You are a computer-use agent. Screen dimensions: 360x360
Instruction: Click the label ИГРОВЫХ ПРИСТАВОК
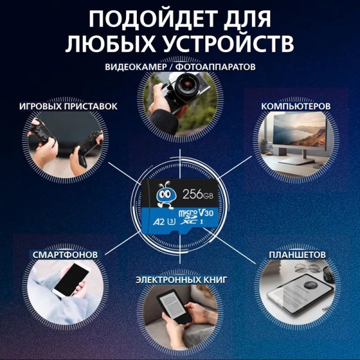(68, 106)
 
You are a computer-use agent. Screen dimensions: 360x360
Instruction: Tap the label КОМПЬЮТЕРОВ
(296, 106)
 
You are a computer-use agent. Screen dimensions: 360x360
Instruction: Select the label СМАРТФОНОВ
(65, 254)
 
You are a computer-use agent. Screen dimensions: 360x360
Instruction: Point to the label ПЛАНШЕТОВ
(298, 254)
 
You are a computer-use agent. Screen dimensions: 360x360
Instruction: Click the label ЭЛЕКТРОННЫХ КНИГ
(181, 280)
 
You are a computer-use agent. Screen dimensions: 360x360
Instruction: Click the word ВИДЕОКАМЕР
(136, 67)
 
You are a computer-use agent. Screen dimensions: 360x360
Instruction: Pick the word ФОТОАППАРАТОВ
(217, 67)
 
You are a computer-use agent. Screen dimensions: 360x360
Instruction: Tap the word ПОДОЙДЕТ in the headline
(149, 19)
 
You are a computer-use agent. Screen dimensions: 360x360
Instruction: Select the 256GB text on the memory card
(198, 194)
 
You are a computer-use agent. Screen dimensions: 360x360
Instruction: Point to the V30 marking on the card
(206, 213)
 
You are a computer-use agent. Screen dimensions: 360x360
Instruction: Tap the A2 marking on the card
(158, 222)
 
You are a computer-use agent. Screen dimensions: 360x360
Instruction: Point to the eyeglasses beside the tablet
(307, 268)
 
